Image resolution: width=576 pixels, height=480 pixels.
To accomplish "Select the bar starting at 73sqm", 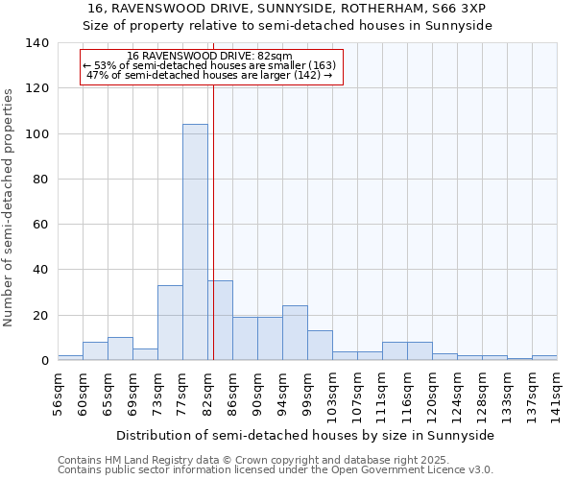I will tap(170, 323).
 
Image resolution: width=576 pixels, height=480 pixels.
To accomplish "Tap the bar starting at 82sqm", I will tap(220, 321).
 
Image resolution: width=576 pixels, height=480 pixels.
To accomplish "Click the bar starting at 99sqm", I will tap(320, 346).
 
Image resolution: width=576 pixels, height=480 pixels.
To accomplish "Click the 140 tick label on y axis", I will tap(36, 43).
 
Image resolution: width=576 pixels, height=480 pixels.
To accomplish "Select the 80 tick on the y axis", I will tap(40, 180).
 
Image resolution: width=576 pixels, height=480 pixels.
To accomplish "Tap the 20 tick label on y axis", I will tap(40, 316).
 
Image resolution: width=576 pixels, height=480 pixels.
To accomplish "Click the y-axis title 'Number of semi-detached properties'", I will tap(10, 206).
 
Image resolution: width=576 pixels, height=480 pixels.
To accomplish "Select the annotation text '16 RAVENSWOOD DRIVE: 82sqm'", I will tap(209, 56).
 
